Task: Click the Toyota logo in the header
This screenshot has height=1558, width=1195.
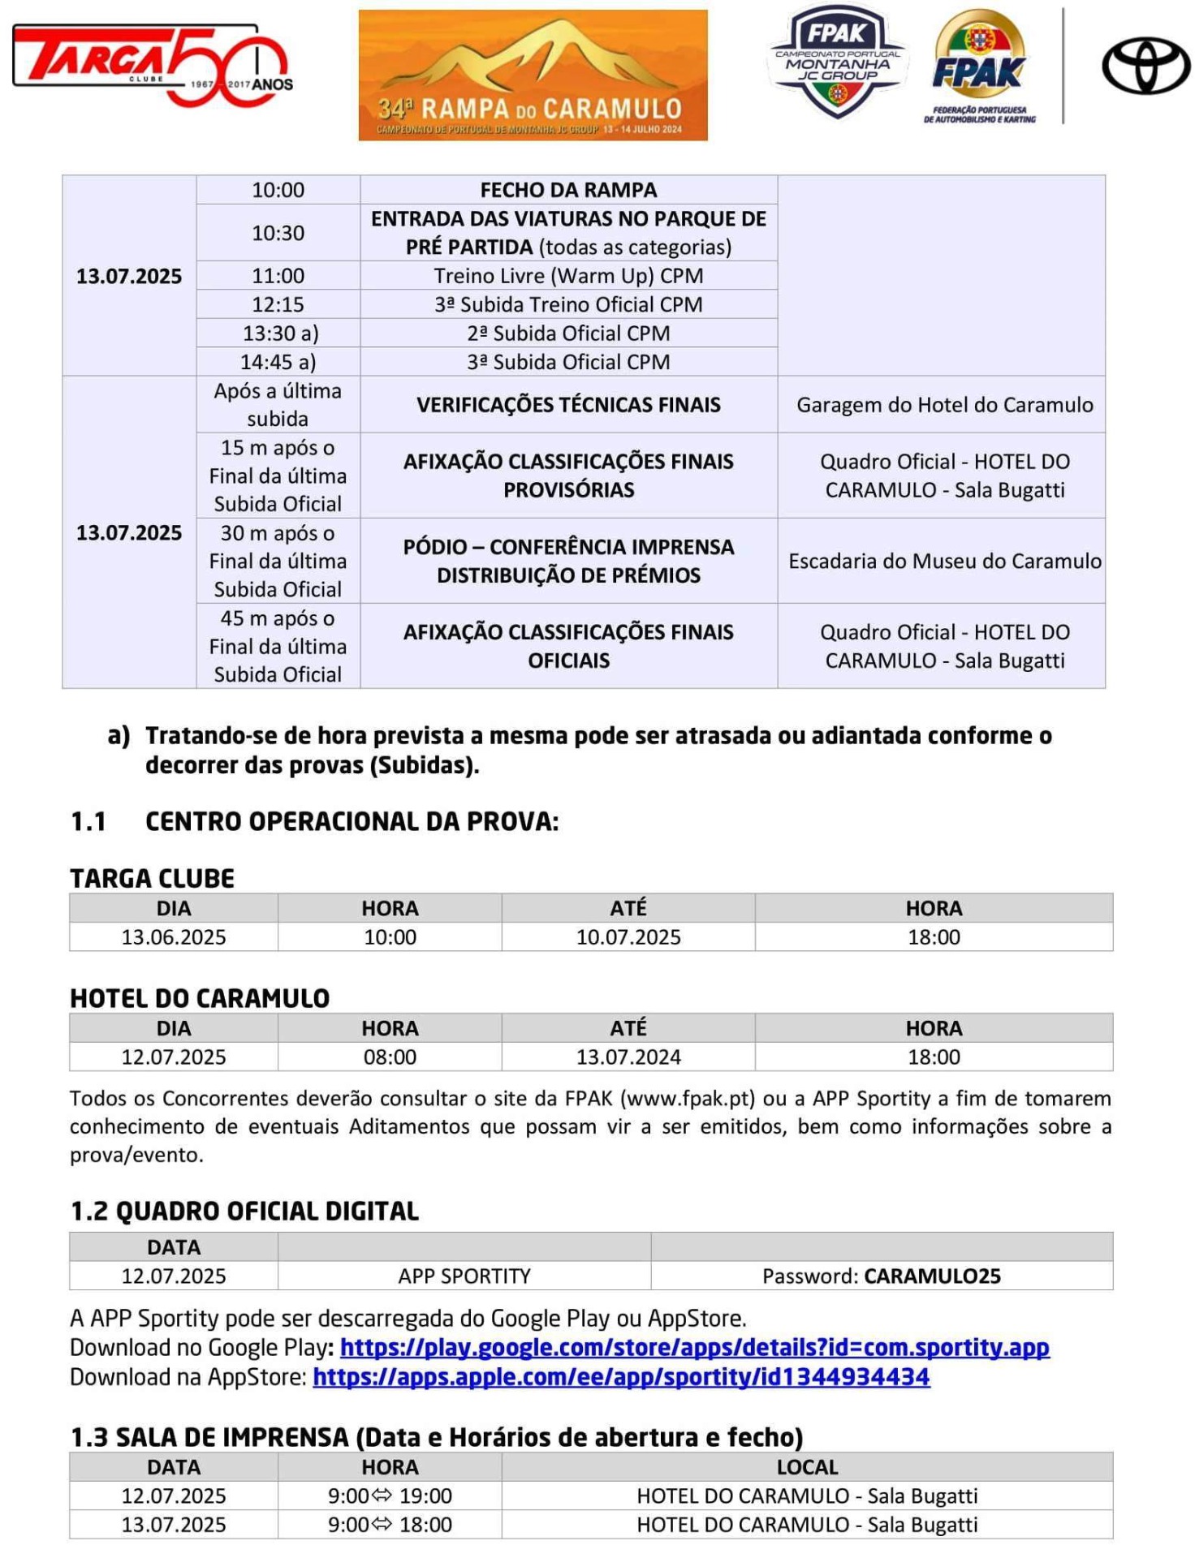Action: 1145,66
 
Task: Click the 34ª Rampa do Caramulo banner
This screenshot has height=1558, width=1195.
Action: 533,75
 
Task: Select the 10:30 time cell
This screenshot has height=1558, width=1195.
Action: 278,233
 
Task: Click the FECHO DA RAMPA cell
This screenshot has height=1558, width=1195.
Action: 568,190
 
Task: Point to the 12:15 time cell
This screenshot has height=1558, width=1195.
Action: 278,304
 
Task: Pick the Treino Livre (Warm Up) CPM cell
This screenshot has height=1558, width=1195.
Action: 568,276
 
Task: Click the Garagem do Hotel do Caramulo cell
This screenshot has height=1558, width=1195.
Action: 944,405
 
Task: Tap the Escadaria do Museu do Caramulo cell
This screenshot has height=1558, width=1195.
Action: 944,561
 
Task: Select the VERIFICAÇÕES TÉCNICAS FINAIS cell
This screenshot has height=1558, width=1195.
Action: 568,405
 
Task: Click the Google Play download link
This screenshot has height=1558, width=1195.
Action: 694,1348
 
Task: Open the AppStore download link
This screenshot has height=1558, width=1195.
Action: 621,1377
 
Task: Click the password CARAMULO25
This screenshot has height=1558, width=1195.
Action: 932,1276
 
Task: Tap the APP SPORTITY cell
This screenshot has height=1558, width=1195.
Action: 464,1276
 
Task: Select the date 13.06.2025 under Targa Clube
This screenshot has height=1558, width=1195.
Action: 174,937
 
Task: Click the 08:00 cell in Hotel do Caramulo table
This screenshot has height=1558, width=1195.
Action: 390,1057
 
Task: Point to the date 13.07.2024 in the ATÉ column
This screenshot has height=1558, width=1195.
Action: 628,1057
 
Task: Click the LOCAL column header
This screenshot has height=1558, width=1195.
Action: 807,1467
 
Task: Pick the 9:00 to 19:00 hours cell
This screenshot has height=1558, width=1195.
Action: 390,1496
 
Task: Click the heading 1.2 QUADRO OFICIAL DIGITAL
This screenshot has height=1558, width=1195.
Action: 244,1212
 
